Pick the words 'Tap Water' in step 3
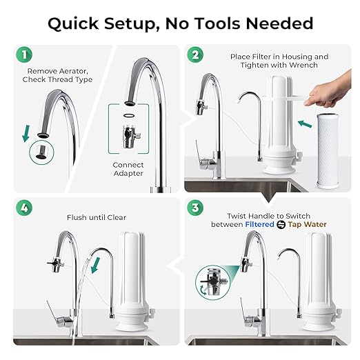pos(308,224)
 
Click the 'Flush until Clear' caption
pos(97,217)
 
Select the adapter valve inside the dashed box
pos(129,134)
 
